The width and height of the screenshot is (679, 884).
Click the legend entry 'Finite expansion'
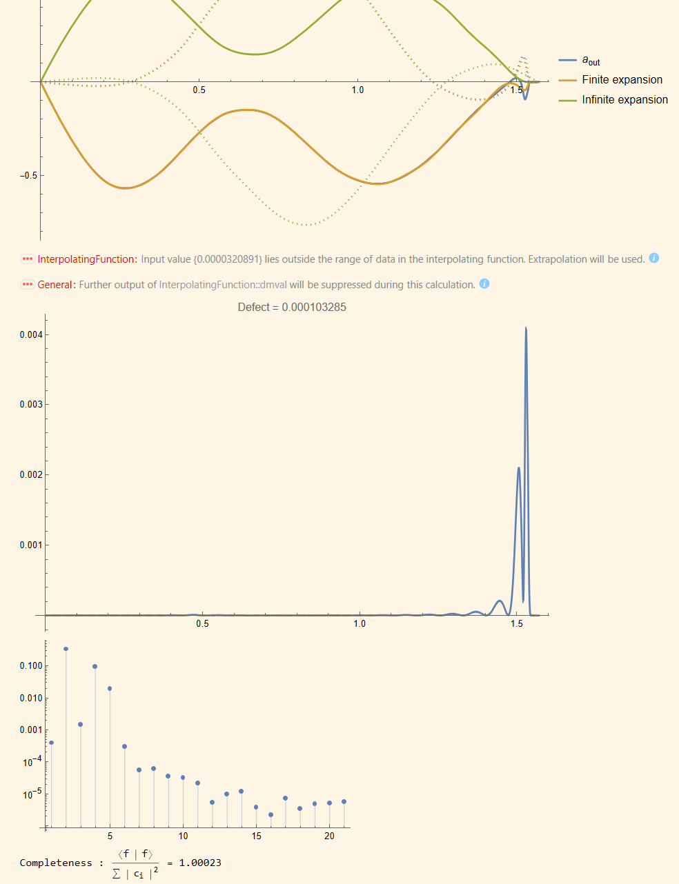click(622, 80)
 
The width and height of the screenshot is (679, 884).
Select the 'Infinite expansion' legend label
click(624, 100)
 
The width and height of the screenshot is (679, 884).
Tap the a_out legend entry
click(591, 61)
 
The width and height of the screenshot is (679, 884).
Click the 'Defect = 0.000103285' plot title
click(292, 308)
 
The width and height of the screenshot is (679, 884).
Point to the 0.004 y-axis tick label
click(31, 335)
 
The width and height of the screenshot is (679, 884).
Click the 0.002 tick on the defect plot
click(31, 475)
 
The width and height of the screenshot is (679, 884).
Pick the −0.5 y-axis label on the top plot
click(28, 176)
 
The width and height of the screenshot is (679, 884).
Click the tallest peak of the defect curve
click(526, 328)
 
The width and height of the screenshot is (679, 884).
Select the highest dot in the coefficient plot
click(66, 649)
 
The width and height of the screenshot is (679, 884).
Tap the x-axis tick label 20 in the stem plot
click(329, 836)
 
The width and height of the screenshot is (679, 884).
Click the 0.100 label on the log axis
click(31, 666)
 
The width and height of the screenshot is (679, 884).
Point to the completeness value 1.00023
click(200, 863)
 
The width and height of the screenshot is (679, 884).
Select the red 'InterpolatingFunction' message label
click(87, 259)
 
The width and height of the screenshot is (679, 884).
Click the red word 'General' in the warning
click(55, 285)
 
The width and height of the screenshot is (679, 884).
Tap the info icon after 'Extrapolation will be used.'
click(654, 259)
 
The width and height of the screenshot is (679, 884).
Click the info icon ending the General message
click(484, 284)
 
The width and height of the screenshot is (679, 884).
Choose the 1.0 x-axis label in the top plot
click(357, 90)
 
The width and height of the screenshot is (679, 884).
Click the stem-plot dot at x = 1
click(52, 743)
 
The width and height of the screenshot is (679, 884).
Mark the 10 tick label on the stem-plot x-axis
click(183, 836)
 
